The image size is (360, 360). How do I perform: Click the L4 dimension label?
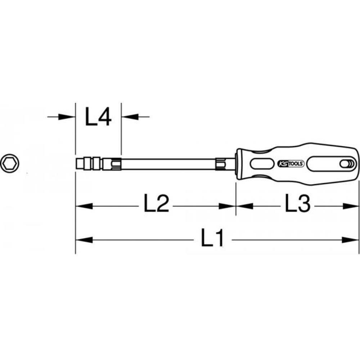pyautogui.click(x=98, y=116)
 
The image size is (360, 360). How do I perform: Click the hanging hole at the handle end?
pyautogui.click(x=346, y=164)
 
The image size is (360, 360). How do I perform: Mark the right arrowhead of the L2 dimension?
pyautogui.click(x=227, y=206)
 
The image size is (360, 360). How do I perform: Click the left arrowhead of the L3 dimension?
pyautogui.click(x=244, y=206)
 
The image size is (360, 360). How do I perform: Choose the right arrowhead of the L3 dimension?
pyautogui.click(x=351, y=206)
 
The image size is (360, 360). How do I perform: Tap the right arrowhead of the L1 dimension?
pyautogui.click(x=351, y=239)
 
